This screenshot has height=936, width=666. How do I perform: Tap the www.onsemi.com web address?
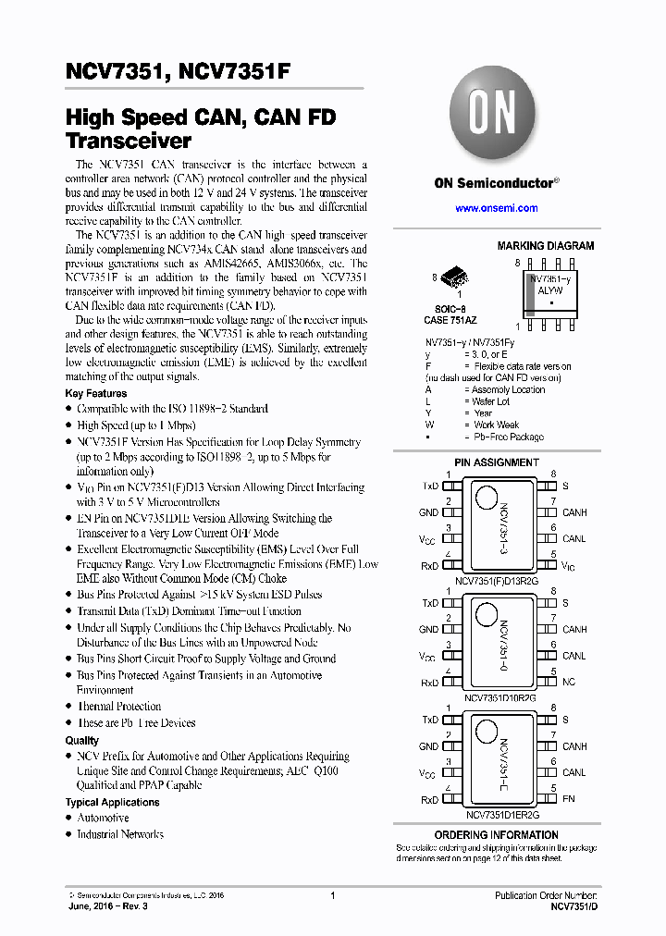496,208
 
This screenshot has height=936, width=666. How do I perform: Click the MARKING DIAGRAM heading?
546,246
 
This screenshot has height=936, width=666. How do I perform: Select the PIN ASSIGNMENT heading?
496,462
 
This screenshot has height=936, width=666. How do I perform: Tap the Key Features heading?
96,393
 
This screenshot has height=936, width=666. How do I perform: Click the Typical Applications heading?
112,802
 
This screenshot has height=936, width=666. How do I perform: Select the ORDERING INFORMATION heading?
509,835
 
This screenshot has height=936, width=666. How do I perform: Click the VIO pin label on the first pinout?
568,565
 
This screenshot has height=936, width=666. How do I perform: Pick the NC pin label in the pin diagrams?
568,683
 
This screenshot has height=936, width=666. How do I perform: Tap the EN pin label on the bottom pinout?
568,799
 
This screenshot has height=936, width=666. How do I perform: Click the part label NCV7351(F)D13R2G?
496,581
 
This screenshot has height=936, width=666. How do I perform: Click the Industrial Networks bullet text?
120,834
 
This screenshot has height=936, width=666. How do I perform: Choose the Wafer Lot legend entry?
490,401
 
